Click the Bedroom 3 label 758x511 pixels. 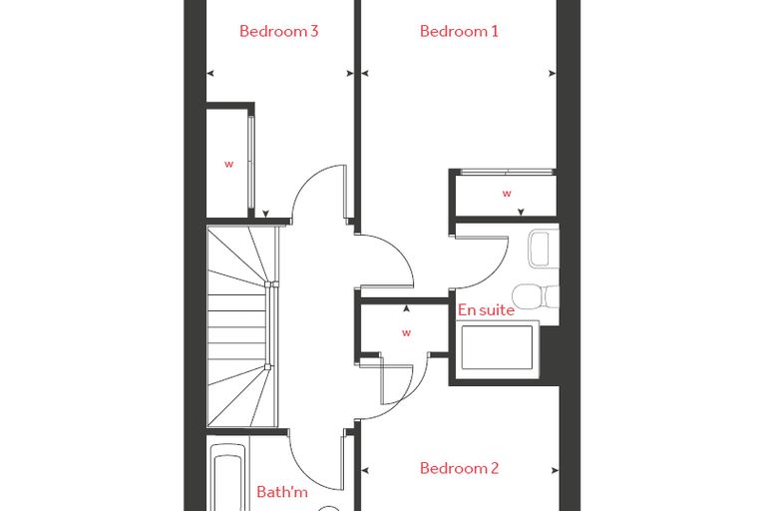[279, 31]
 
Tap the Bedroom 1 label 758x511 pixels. [459, 31]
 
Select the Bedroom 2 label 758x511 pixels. [459, 468]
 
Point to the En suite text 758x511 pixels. [486, 309]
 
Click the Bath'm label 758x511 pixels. [282, 492]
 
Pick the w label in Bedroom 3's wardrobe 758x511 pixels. [228, 164]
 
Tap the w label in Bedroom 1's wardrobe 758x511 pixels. [507, 194]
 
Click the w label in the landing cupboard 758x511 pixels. [407, 333]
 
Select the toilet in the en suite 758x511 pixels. [535, 296]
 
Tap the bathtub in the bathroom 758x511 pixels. [227, 477]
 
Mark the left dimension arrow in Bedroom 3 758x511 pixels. [210, 74]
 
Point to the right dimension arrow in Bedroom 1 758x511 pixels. [553, 74]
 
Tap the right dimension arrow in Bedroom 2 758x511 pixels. [555, 470]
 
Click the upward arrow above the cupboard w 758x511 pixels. [407, 308]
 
